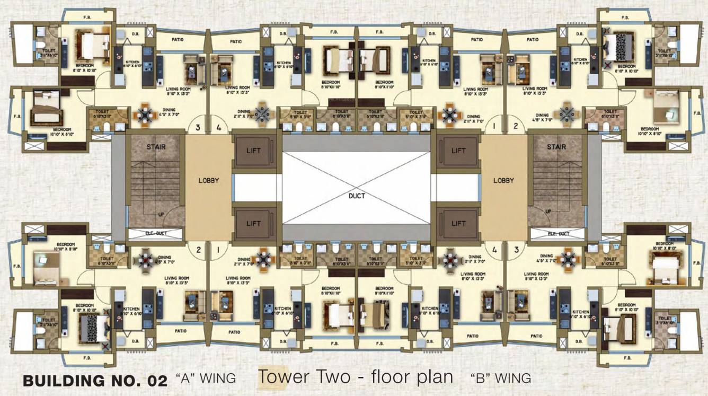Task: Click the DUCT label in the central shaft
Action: tap(357, 195)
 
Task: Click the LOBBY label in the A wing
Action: tap(208, 180)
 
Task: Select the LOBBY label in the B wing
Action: tap(503, 180)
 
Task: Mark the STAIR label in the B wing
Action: tap(556, 147)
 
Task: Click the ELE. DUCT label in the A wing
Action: tap(157, 233)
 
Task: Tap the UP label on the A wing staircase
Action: tap(160, 215)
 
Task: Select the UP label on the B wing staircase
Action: tap(548, 212)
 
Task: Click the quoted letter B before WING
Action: tap(479, 378)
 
